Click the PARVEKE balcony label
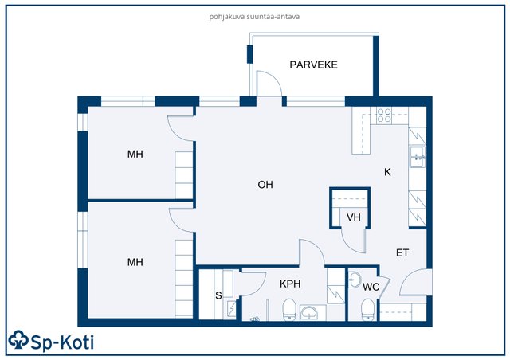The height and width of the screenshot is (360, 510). (313, 65)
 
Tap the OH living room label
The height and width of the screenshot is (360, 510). (265, 185)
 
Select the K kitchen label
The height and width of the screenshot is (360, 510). (387, 172)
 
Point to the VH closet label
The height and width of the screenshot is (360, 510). (354, 217)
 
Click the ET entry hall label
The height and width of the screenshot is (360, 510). (402, 252)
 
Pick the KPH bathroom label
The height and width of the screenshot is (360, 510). (290, 284)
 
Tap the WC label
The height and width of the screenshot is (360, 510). (371, 287)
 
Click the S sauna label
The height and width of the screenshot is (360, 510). (218, 295)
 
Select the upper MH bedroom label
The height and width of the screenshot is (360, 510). (135, 154)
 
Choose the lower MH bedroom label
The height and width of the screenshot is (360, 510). (135, 262)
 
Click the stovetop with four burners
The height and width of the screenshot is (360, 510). (384, 115)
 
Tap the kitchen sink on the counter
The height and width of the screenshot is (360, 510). (418, 157)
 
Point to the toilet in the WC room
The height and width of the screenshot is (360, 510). (368, 310)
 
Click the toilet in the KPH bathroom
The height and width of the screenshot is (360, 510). (289, 310)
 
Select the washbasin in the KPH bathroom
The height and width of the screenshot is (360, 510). (309, 313)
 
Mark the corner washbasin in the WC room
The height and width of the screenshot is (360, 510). (354, 280)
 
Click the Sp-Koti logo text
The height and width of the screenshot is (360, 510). (62, 342)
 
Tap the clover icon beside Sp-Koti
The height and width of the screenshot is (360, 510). (18, 340)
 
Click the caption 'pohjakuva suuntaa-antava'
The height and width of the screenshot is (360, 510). (254, 17)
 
